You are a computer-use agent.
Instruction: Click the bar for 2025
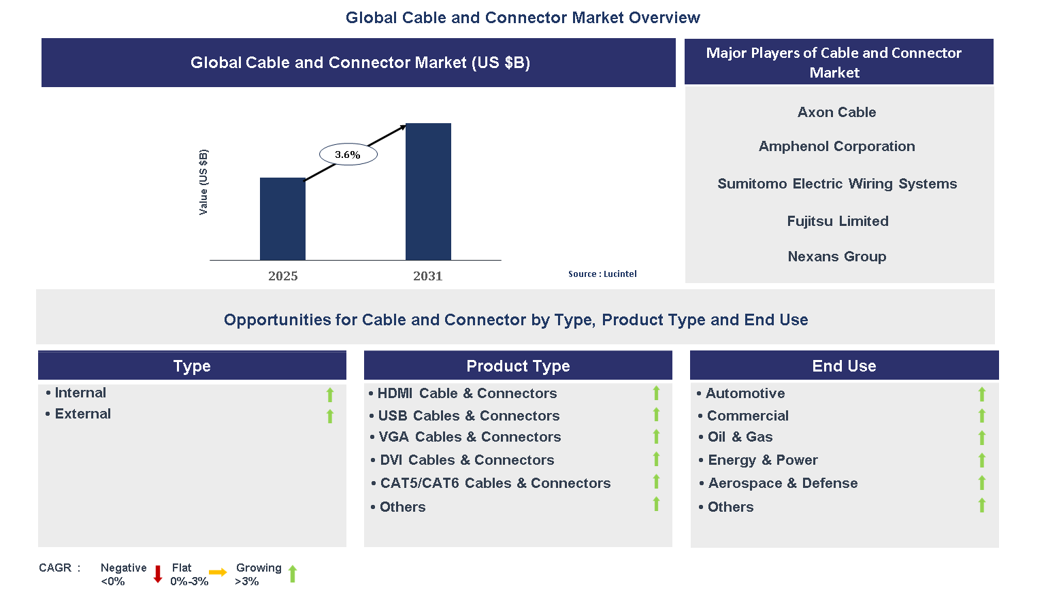(282, 219)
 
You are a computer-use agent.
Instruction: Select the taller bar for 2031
(428, 192)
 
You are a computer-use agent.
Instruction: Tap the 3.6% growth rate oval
(348, 154)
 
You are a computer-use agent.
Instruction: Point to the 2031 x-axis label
(427, 276)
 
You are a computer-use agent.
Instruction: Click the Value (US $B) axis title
(203, 182)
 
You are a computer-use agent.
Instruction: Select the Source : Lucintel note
(602, 274)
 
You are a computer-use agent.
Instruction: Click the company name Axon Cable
(836, 112)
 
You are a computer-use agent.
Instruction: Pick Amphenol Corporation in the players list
(836, 146)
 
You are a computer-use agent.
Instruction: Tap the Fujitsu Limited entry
(837, 221)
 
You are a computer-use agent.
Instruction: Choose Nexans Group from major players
(836, 257)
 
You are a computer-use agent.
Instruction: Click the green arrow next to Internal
(330, 395)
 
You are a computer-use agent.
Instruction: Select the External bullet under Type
(82, 414)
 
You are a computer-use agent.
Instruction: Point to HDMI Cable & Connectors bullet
(467, 393)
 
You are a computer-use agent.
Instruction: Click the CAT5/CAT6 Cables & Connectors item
(495, 483)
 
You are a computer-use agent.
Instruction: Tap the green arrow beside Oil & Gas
(981, 438)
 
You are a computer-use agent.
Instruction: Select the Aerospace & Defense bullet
(783, 483)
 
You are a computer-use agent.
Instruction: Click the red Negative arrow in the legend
(158, 574)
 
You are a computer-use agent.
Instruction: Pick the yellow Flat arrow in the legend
(218, 573)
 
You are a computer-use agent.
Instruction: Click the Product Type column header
(518, 366)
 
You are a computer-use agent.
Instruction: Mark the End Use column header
(844, 366)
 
